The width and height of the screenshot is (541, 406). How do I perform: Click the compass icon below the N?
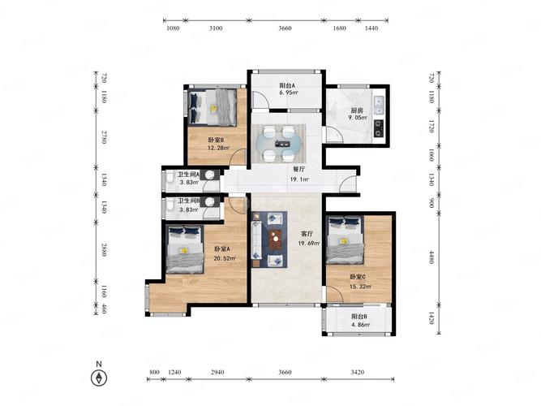point(99,378)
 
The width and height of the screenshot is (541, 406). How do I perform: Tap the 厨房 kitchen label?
point(357,110)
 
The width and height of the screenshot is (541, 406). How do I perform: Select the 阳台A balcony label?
point(287,85)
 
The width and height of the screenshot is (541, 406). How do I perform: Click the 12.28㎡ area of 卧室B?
point(218,148)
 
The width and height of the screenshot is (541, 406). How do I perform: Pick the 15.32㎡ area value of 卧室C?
point(361,287)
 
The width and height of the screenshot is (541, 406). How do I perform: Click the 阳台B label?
point(359,317)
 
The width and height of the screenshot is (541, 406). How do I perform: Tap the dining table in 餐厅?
point(279,144)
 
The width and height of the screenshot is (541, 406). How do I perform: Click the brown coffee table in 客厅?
point(275,240)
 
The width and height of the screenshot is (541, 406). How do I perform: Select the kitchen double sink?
point(379,106)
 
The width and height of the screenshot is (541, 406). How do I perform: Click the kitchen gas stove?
point(379,128)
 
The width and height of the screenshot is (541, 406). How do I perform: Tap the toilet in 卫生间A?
point(170,178)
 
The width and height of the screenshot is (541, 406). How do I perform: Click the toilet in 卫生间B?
point(170,205)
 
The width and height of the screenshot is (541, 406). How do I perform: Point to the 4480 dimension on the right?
point(432,257)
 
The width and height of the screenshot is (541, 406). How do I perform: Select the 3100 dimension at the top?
point(216,28)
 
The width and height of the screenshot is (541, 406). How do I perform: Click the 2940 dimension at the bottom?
point(217,372)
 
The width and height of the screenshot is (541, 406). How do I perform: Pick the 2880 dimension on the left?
point(104,249)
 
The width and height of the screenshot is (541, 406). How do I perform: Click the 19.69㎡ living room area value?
point(309,244)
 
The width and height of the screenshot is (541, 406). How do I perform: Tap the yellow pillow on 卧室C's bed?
point(343,241)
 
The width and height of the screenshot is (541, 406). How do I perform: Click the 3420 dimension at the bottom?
point(358,372)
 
